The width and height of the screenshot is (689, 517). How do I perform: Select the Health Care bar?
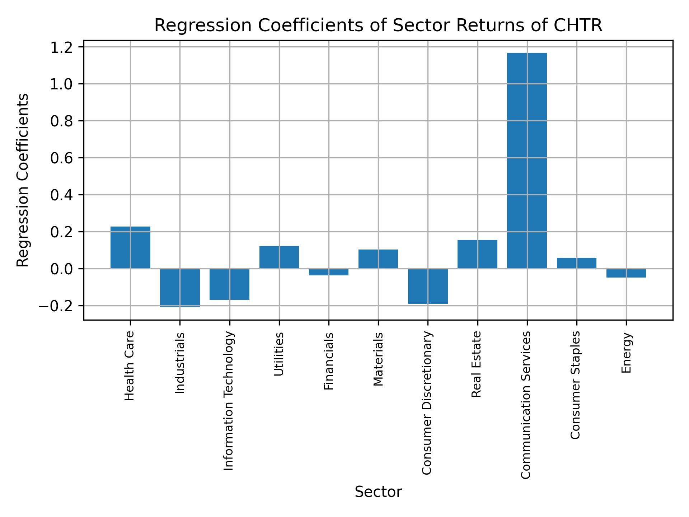tap(130, 247)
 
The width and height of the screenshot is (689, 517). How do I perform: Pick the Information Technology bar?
tap(230, 284)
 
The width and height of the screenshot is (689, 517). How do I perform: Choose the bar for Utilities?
tap(279, 257)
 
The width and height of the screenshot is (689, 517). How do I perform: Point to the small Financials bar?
tap(329, 272)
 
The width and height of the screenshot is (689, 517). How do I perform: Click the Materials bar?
tap(378, 259)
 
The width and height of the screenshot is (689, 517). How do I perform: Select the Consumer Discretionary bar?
tap(428, 286)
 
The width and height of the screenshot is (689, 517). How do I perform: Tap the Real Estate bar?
tap(477, 254)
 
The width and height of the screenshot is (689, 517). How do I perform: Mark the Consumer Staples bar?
tap(577, 263)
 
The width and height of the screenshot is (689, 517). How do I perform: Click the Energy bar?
tap(626, 273)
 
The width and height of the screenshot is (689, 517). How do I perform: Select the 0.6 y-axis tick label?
tap(62, 158)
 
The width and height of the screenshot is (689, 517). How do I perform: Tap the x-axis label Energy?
tap(626, 353)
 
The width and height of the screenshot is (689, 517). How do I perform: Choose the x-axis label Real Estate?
tap(476, 364)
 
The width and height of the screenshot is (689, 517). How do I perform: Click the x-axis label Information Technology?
tap(229, 401)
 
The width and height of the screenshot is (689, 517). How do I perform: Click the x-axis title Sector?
tap(378, 492)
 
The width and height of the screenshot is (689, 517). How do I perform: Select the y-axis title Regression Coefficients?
tap(23, 180)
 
